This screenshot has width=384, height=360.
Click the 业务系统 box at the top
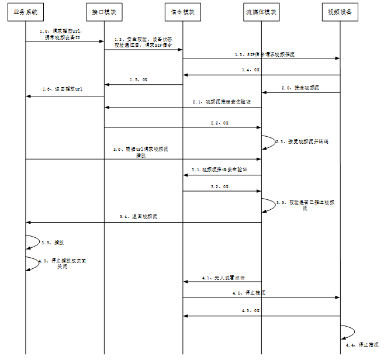click(x=26, y=12)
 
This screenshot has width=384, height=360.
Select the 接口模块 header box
click(x=104, y=12)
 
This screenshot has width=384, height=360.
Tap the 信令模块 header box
click(x=182, y=12)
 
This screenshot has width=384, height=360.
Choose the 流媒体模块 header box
click(x=261, y=12)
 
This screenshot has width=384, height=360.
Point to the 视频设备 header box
click(x=340, y=12)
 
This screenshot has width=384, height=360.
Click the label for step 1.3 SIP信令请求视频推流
click(x=260, y=54)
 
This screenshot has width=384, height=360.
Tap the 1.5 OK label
click(x=139, y=80)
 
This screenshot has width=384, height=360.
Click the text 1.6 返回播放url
click(x=62, y=89)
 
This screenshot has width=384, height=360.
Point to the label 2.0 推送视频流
click(x=300, y=88)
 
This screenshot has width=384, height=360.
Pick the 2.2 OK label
click(x=220, y=123)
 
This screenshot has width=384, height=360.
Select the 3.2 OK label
click(x=220, y=186)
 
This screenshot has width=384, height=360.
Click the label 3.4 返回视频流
click(x=138, y=216)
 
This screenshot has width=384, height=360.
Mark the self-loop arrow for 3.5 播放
click(x=33, y=240)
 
